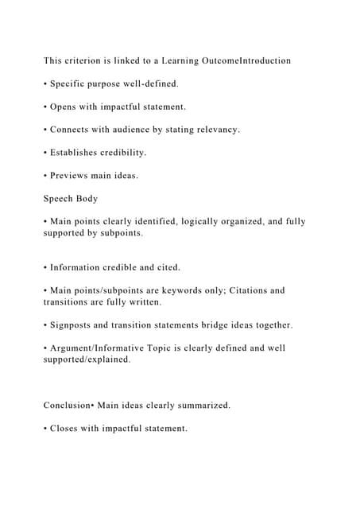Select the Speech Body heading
71,198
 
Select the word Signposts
74,324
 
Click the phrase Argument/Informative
104,348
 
